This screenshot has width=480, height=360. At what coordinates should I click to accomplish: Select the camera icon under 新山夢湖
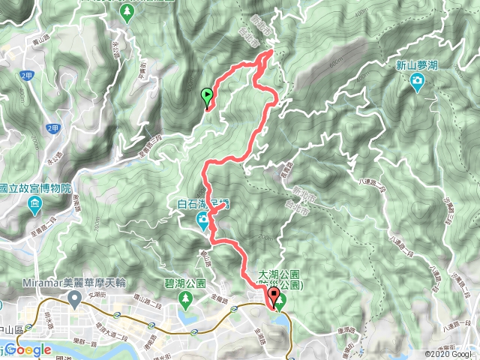click(x=417, y=86)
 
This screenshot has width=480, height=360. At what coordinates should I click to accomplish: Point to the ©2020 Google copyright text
click(x=448, y=354)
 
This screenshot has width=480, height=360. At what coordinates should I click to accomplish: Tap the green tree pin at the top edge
click(x=128, y=11)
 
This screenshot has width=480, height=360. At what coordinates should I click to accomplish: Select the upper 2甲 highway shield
click(x=27, y=76)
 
